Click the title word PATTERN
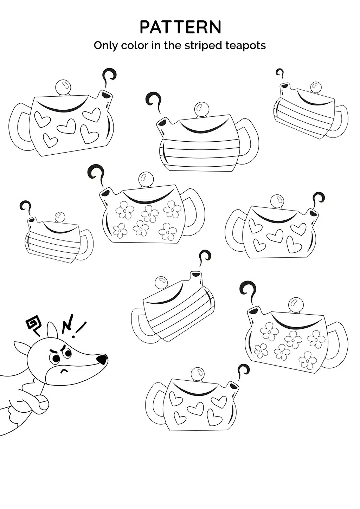point(180,27)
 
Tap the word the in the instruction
point(172,45)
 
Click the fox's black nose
point(102,359)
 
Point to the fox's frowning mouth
point(64,371)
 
